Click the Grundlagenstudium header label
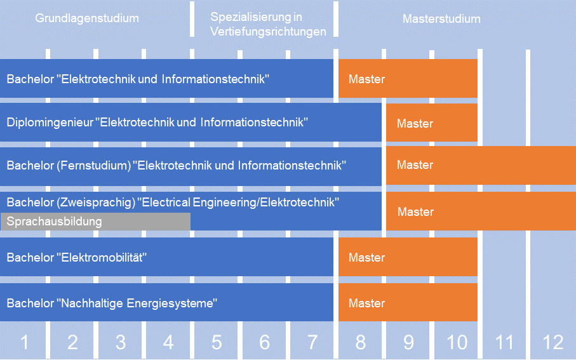pos(87,18)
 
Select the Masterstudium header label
pos(441,19)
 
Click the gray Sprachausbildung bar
pos(95,222)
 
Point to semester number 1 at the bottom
pos(25,342)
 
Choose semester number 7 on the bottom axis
pos(312,342)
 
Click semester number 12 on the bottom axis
pos(553,342)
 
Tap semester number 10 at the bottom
pos(457,342)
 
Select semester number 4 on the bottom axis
pos(168,342)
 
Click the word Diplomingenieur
pos(50,123)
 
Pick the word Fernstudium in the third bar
pos(94,165)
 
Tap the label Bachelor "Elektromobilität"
pos(76,257)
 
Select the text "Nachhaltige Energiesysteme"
pos(137,303)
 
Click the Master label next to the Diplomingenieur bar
pos(415,123)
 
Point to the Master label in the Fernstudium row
pos(415,164)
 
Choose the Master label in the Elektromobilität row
pos(366,257)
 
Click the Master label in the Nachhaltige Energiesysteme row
pos(366,303)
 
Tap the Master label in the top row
pos(366,79)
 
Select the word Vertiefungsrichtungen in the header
pos(268,32)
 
